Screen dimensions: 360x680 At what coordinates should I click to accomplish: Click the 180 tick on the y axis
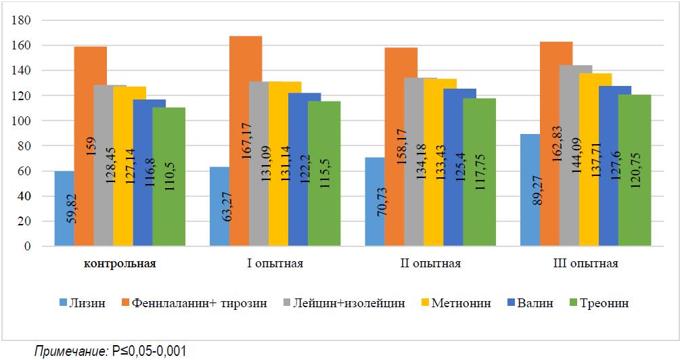(24, 20)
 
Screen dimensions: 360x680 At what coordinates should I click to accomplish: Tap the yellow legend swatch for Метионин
(424, 303)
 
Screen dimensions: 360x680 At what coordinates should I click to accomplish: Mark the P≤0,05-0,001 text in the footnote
(147, 351)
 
